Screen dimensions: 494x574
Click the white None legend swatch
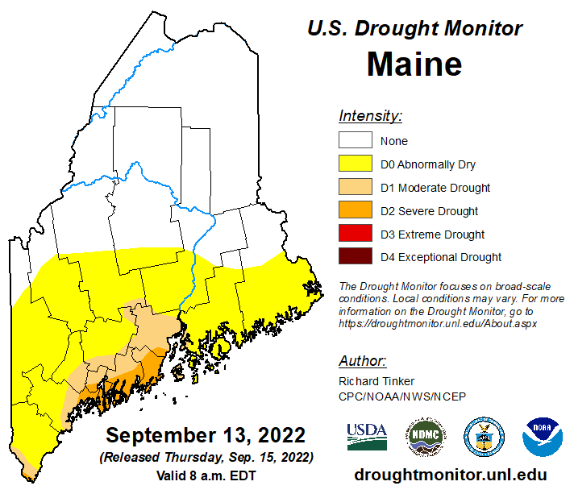(356, 141)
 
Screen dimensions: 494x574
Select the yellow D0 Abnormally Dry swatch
(356, 164)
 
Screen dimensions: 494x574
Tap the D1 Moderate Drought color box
(356, 188)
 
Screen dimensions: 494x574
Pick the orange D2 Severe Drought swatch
(356, 211)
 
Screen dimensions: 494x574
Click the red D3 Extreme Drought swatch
(356, 235)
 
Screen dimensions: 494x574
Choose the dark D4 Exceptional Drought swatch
(356, 257)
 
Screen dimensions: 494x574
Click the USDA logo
(367, 437)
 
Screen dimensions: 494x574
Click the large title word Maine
(414, 64)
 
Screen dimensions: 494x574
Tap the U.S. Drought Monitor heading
(414, 28)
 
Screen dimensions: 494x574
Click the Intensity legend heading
(370, 115)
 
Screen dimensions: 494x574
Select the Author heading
(362, 360)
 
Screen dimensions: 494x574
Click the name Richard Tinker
(375, 380)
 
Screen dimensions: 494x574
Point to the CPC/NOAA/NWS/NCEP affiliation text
(402, 395)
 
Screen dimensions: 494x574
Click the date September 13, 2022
(206, 436)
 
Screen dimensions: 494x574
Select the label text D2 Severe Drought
(429, 211)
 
